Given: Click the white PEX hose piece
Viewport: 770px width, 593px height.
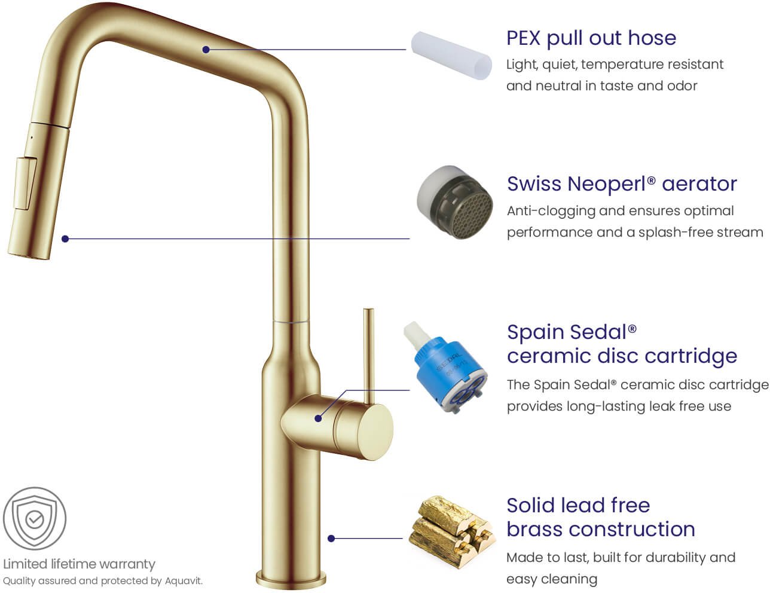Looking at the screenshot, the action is coord(451,55).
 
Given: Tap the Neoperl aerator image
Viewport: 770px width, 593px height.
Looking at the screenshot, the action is coord(455,201).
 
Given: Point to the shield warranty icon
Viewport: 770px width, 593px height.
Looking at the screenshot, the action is coord(35,519).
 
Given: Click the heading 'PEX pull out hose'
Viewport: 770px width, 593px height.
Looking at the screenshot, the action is coord(591,38).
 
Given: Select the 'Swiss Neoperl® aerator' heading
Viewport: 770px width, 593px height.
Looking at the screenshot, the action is coord(622,184).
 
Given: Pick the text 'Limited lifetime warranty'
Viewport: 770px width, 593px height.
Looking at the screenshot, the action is coord(79,564).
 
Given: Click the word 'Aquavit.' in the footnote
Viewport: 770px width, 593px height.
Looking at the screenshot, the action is coord(184,581).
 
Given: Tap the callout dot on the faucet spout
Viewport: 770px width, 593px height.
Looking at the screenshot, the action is coord(206,50).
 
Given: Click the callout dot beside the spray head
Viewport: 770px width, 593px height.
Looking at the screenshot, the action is coord(65,239).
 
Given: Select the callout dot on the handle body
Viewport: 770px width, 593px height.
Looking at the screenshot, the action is coord(318,418).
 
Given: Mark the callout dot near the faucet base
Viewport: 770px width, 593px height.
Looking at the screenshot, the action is coord(331,539).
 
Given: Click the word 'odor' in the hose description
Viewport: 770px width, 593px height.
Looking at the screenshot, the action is coord(682,85).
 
